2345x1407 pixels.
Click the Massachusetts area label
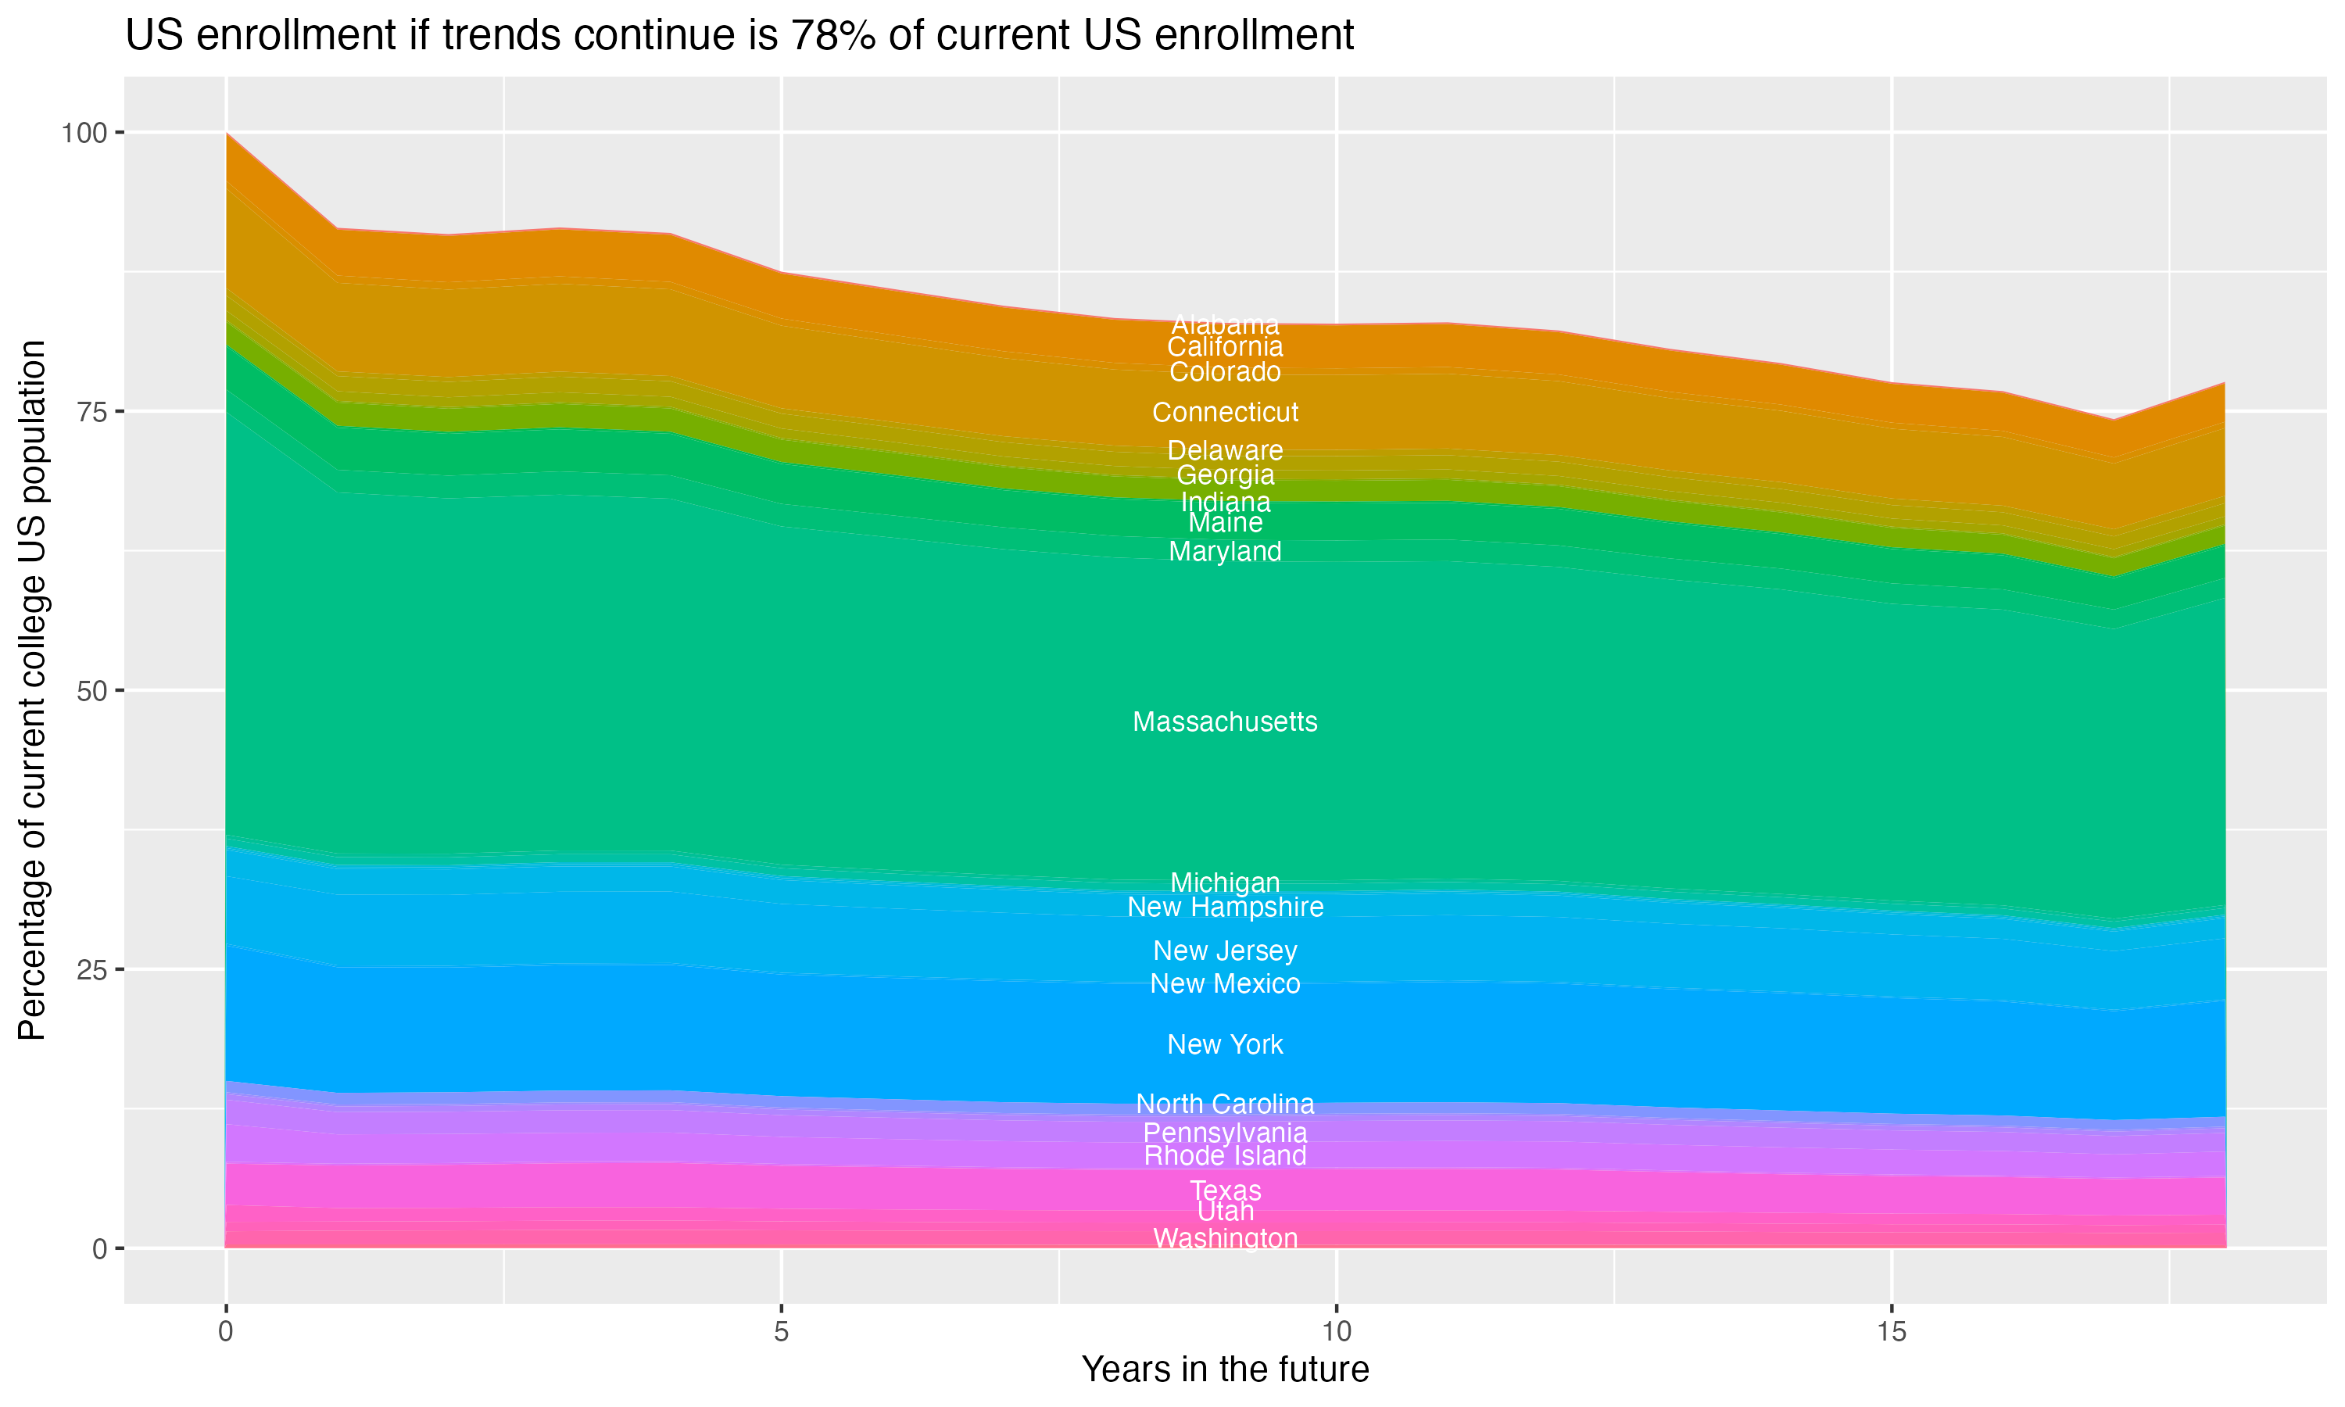click(1225, 722)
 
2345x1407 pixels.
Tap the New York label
click(1225, 1045)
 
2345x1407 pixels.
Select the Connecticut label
click(1225, 413)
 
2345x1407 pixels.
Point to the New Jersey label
click(1225, 951)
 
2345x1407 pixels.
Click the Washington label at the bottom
click(1225, 1238)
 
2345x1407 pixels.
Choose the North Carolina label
click(1225, 1104)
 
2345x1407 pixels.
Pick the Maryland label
click(1225, 552)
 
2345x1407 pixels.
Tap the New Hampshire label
click(1225, 908)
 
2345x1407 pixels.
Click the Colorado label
click(1225, 371)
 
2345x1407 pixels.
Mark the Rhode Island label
click(1225, 1156)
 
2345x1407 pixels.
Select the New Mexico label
click(1225, 984)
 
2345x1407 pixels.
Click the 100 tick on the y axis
click(84, 133)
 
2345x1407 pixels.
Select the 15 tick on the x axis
click(1891, 1332)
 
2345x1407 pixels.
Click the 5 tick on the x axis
click(781, 1332)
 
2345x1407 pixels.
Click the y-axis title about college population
click(32, 690)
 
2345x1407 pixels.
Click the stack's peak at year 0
click(227, 134)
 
